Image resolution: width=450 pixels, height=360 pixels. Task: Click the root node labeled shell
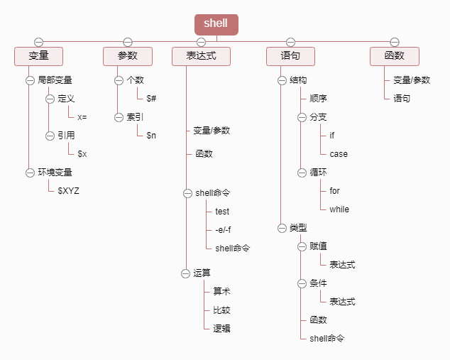(x=216, y=23)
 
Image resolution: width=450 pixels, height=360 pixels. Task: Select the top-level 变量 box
(x=38, y=56)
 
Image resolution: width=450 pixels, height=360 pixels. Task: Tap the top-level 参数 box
(x=128, y=56)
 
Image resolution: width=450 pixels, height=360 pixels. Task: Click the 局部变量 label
(x=55, y=80)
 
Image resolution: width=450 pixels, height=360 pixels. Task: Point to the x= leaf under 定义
(x=82, y=117)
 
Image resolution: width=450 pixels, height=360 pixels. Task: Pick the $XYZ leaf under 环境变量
(x=68, y=190)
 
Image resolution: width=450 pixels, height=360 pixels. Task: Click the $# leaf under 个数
(x=151, y=99)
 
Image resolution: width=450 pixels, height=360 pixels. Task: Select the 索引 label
(x=135, y=117)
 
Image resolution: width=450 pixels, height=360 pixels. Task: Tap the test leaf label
(x=222, y=211)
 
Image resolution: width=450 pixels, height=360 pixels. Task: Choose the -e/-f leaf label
(x=223, y=229)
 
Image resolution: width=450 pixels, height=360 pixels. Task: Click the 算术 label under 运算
(x=221, y=291)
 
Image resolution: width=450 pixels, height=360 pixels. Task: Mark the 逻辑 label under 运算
(x=221, y=328)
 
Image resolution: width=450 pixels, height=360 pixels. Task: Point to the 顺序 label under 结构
(x=318, y=99)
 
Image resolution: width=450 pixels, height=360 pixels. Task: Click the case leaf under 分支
(x=339, y=153)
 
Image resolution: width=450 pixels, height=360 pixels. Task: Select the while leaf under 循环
(x=339, y=209)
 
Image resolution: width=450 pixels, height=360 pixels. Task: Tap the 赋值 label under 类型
(x=318, y=246)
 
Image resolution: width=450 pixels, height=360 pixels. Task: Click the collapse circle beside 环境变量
(x=30, y=172)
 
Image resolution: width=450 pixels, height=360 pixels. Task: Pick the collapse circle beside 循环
(x=302, y=172)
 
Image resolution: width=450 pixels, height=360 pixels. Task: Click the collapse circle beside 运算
(x=186, y=273)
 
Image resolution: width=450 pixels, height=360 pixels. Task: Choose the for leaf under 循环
(x=334, y=190)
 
